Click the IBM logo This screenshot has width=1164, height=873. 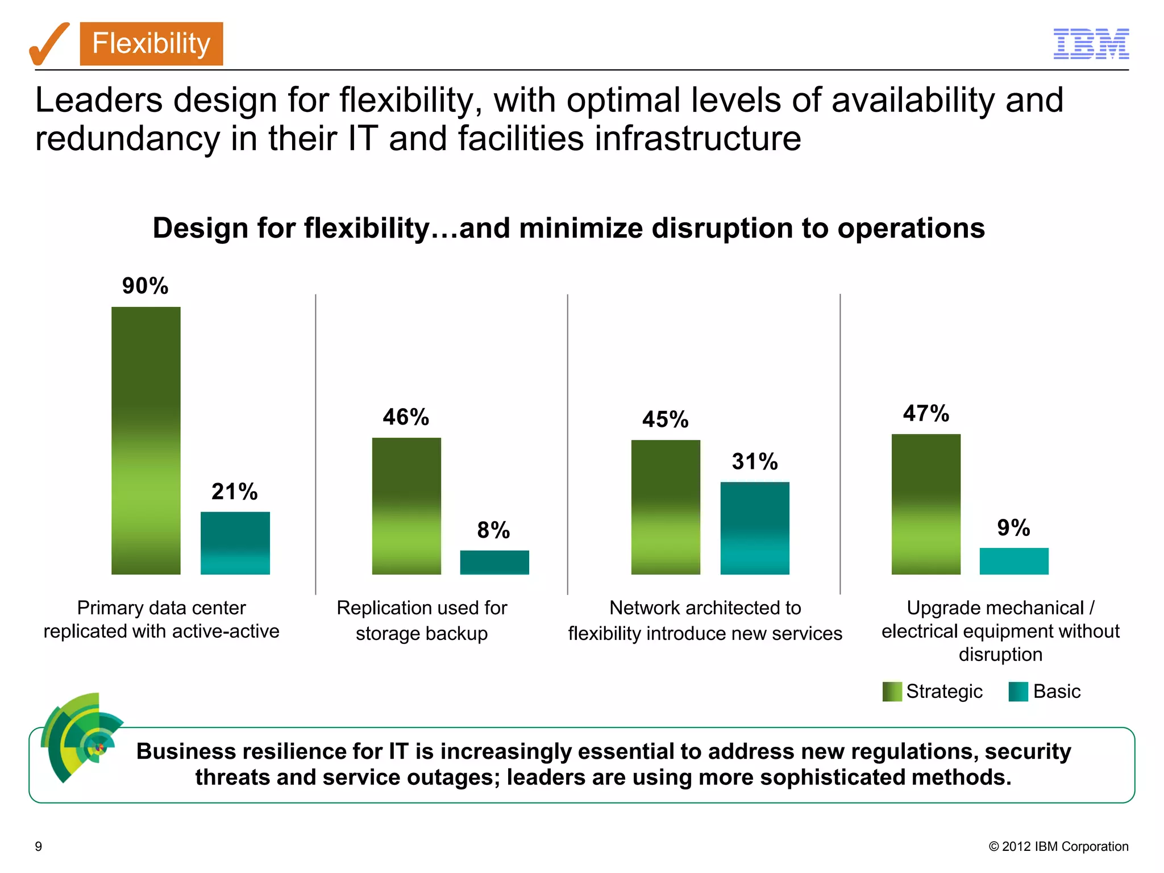click(x=1091, y=44)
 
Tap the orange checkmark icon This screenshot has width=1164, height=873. click(x=48, y=44)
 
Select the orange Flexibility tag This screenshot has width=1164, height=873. click(x=151, y=44)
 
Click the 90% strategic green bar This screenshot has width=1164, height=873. click(x=146, y=440)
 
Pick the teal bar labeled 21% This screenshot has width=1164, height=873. click(x=235, y=543)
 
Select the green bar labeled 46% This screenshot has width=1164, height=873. click(x=406, y=506)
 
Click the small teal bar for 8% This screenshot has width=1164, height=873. click(x=494, y=562)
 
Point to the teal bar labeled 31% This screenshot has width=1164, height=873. click(x=755, y=528)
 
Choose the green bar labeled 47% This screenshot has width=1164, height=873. click(x=926, y=504)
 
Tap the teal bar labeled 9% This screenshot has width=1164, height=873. click(x=1014, y=561)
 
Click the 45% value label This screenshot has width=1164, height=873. click(x=665, y=419)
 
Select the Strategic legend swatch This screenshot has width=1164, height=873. click(x=892, y=692)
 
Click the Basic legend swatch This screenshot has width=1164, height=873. click(x=1018, y=692)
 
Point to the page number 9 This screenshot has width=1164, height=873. click(x=39, y=846)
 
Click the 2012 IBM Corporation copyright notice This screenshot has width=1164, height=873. click(x=1058, y=846)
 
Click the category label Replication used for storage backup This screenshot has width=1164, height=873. click(x=421, y=621)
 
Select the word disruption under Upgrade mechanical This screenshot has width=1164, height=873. click(x=1000, y=655)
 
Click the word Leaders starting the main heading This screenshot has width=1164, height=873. click(x=99, y=101)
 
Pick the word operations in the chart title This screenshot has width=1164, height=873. click(x=911, y=228)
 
